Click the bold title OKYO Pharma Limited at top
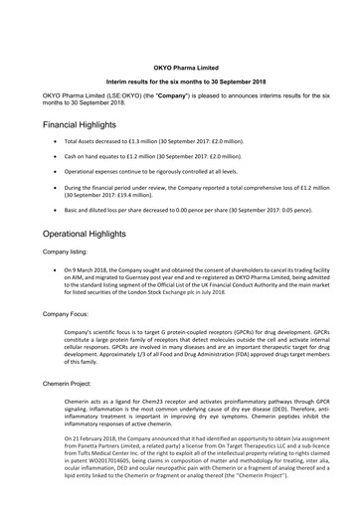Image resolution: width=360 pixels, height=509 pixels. tap(180, 61)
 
